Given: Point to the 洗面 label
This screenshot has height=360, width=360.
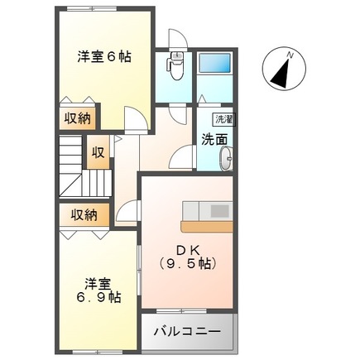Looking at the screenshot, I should tap(214, 140).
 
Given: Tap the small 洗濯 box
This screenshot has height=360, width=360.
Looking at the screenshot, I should tap(223, 118).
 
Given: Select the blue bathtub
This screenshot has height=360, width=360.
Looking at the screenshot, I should tap(217, 63).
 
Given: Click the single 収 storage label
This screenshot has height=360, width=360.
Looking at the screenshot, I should tap(98, 153).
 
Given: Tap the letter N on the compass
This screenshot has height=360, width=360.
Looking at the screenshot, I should tap(290, 55).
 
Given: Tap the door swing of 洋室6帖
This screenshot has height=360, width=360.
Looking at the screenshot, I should tap(137, 123).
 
